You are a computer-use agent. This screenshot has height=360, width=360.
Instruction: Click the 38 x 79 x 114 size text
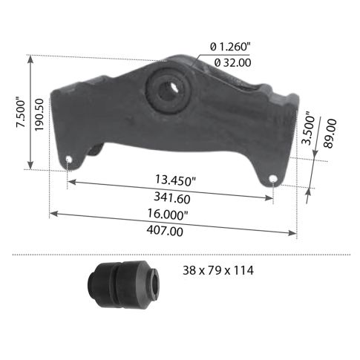pyautogui.click(x=218, y=271)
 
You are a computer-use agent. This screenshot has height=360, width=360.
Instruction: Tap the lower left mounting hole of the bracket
pyautogui.click(x=69, y=160)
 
